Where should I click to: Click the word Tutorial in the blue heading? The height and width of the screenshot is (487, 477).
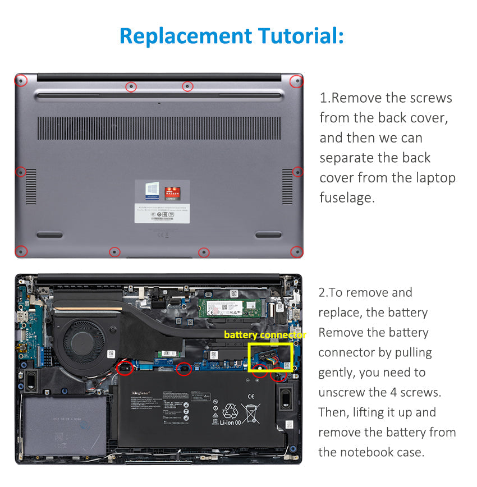coord(301,36)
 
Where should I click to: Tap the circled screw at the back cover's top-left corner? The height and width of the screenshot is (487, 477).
coord(21,81)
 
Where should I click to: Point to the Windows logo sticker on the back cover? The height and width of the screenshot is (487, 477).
coord(152,190)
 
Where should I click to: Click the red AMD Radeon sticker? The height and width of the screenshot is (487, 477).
coord(171,190)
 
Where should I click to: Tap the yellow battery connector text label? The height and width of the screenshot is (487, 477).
coord(265,335)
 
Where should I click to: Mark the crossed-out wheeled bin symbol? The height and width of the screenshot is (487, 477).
coord(250,413)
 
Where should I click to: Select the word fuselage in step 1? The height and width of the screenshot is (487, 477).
coord(346,197)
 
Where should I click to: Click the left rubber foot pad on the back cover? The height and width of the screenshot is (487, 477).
coord(49,235)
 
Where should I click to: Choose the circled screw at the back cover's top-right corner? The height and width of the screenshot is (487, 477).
coord(296,81)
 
